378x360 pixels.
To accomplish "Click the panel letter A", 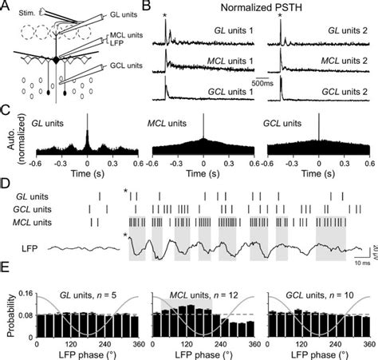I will point(6,6).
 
